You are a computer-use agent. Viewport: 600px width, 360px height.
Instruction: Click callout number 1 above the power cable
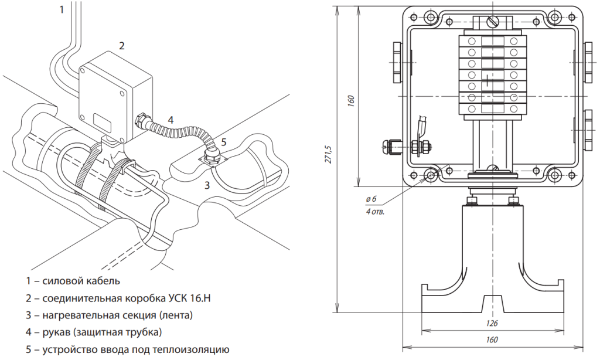62,9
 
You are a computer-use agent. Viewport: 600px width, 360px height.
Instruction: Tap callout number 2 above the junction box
122,45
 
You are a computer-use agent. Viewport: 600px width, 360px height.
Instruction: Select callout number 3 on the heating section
207,186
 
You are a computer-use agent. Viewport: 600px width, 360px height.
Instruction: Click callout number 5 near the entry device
223,142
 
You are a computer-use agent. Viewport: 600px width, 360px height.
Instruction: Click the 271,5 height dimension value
329,154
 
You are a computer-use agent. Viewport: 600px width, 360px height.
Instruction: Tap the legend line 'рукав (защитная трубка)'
94,332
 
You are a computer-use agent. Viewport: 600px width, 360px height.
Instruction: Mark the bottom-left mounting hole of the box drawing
432,174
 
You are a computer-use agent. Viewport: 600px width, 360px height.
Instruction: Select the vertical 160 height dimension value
350,100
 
